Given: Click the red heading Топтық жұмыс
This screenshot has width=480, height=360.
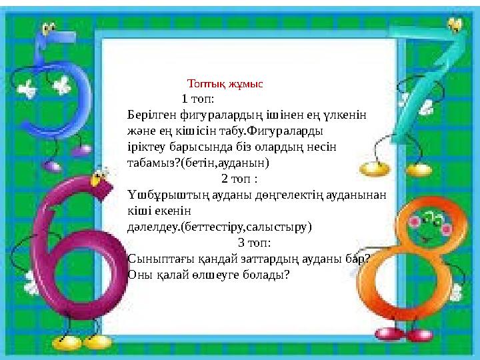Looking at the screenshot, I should click(225, 85).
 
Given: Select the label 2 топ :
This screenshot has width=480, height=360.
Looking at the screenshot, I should click(239, 179).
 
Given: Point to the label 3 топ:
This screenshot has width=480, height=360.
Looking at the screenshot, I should click(254, 243).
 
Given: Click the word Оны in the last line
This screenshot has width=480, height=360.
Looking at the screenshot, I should click(138, 275).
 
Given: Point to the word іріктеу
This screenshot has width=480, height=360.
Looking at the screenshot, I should click(145, 147).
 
